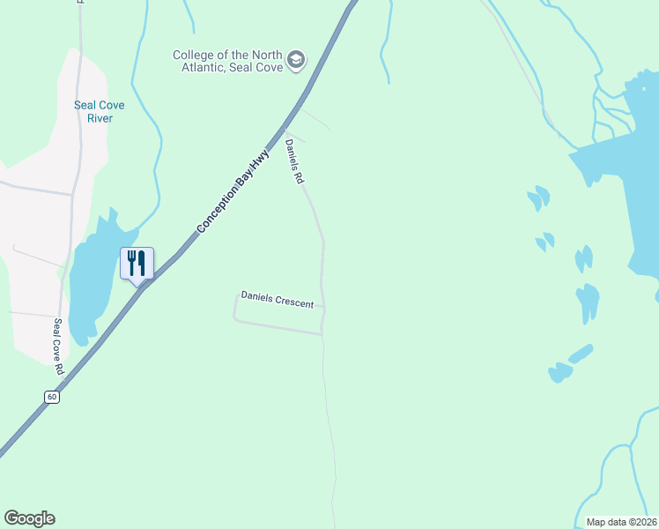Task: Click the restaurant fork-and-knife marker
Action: click(137, 263)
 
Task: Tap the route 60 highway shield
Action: click(53, 398)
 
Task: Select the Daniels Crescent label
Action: click(278, 301)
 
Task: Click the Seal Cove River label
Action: click(100, 111)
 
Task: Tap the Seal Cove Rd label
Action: click(59, 346)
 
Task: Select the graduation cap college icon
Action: click(296, 60)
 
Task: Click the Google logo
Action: click(29, 518)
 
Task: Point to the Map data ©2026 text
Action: click(621, 522)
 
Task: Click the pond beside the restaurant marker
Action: click(93, 282)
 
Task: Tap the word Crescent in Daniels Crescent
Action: click(294, 302)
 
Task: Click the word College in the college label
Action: click(193, 55)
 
